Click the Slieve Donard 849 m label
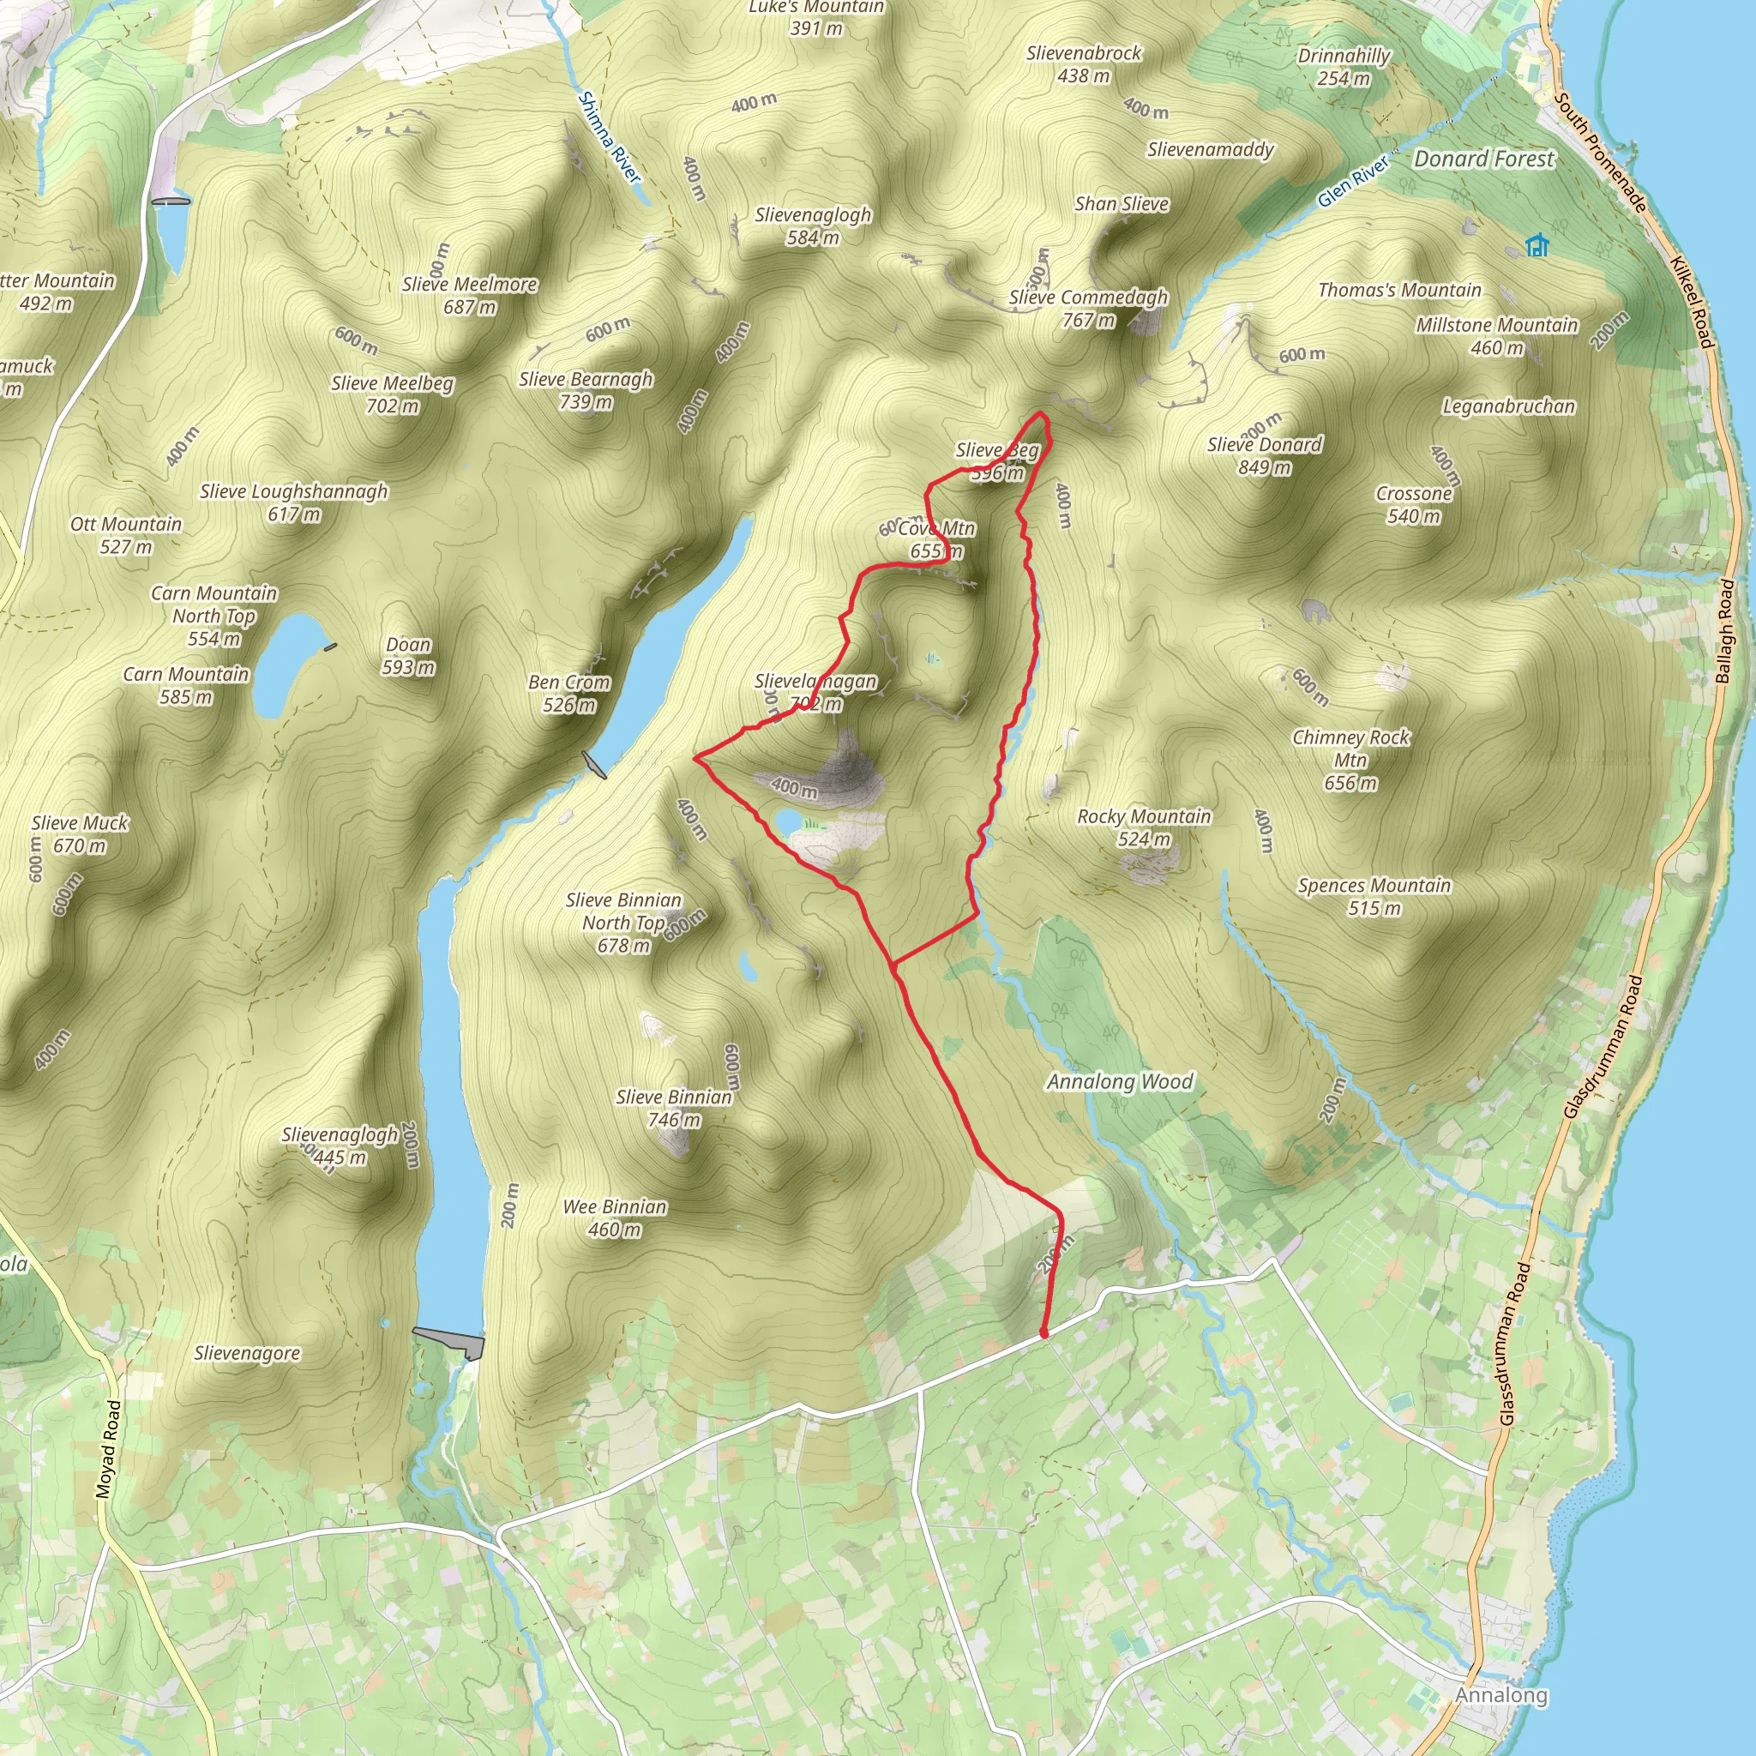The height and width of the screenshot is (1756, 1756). pos(1265,455)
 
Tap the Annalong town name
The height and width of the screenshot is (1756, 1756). pos(1500,1695)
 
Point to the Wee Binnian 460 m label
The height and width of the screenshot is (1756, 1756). pos(615,1218)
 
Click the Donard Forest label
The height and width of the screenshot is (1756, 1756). pos(1483,159)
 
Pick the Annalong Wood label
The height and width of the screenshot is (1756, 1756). pos(1119,1081)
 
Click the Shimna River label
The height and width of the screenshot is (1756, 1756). pos(609,136)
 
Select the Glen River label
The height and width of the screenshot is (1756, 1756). pos(1353,181)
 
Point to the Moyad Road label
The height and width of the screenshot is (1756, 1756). pos(108,1449)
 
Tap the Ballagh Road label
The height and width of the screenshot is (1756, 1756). pos(1725,631)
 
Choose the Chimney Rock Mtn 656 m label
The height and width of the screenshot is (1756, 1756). pos(1350,760)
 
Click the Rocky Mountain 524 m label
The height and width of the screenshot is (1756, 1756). pos(1144,827)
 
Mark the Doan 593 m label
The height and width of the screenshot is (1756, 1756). pos(408,655)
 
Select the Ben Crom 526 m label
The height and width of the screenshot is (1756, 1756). pos(569,693)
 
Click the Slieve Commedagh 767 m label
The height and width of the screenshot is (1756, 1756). pos(1088,308)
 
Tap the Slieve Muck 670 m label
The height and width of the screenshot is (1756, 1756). pos(80,833)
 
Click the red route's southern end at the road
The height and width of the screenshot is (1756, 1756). pos(1043,1333)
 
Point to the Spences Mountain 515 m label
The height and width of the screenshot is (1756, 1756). pos(1374,896)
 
